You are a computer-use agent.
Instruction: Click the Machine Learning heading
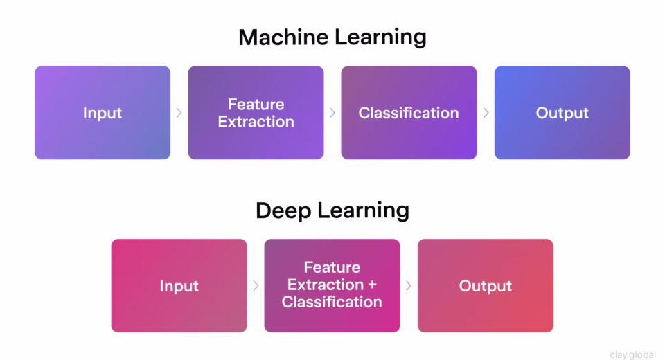[332, 37]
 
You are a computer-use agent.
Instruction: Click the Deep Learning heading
[332, 210]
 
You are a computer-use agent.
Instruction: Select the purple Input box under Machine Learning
[103, 113]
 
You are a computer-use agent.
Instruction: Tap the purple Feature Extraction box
[256, 113]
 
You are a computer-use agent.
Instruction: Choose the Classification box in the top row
[409, 113]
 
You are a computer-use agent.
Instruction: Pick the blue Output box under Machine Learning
[562, 113]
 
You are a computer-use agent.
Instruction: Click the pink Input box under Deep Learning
[179, 286]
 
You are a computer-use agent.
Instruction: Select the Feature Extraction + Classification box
[332, 286]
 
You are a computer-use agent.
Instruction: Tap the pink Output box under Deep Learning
[485, 286]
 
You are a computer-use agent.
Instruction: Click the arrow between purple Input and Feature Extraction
[179, 113]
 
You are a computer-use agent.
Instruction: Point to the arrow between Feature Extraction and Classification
[332, 113]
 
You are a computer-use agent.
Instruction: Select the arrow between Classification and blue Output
[486, 113]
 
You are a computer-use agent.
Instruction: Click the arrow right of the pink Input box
[256, 286]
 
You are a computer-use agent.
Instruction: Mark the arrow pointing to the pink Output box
[409, 286]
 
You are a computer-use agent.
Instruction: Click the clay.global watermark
[632, 354]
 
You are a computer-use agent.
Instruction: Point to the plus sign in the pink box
[371, 285]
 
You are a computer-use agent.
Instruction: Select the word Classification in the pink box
[332, 303]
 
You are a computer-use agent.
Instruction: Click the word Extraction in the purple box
[256, 122]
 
